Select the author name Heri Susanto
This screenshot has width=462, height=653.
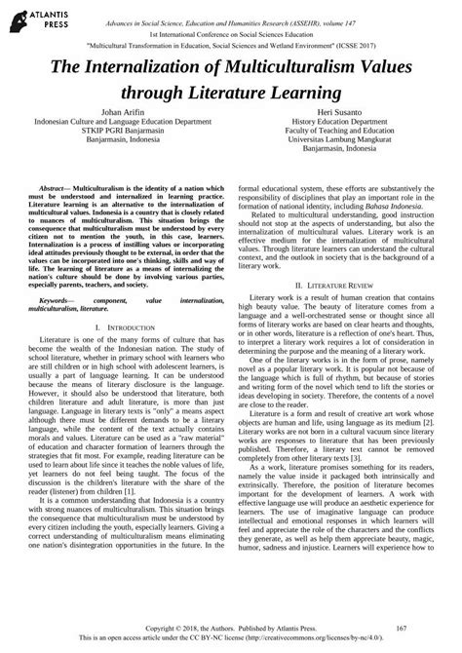(344, 113)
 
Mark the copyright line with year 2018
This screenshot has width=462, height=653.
(231, 631)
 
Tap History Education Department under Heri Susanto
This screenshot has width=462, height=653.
(344, 124)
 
